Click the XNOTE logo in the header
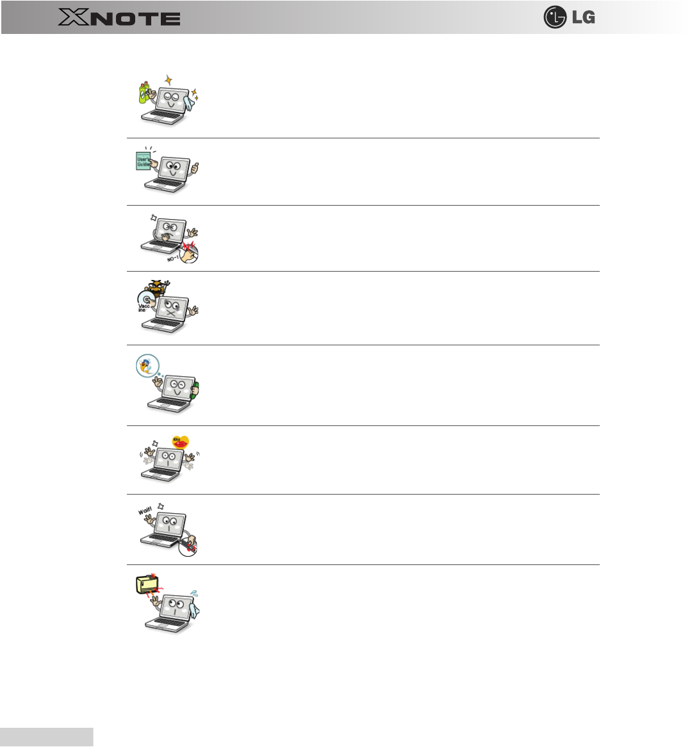click(119, 17)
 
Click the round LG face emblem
click(555, 17)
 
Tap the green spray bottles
click(145, 92)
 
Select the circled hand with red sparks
click(189, 252)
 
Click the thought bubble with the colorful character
click(147, 366)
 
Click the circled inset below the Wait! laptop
click(188, 545)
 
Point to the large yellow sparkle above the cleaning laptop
click(169, 81)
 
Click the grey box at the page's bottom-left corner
click(46, 737)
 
